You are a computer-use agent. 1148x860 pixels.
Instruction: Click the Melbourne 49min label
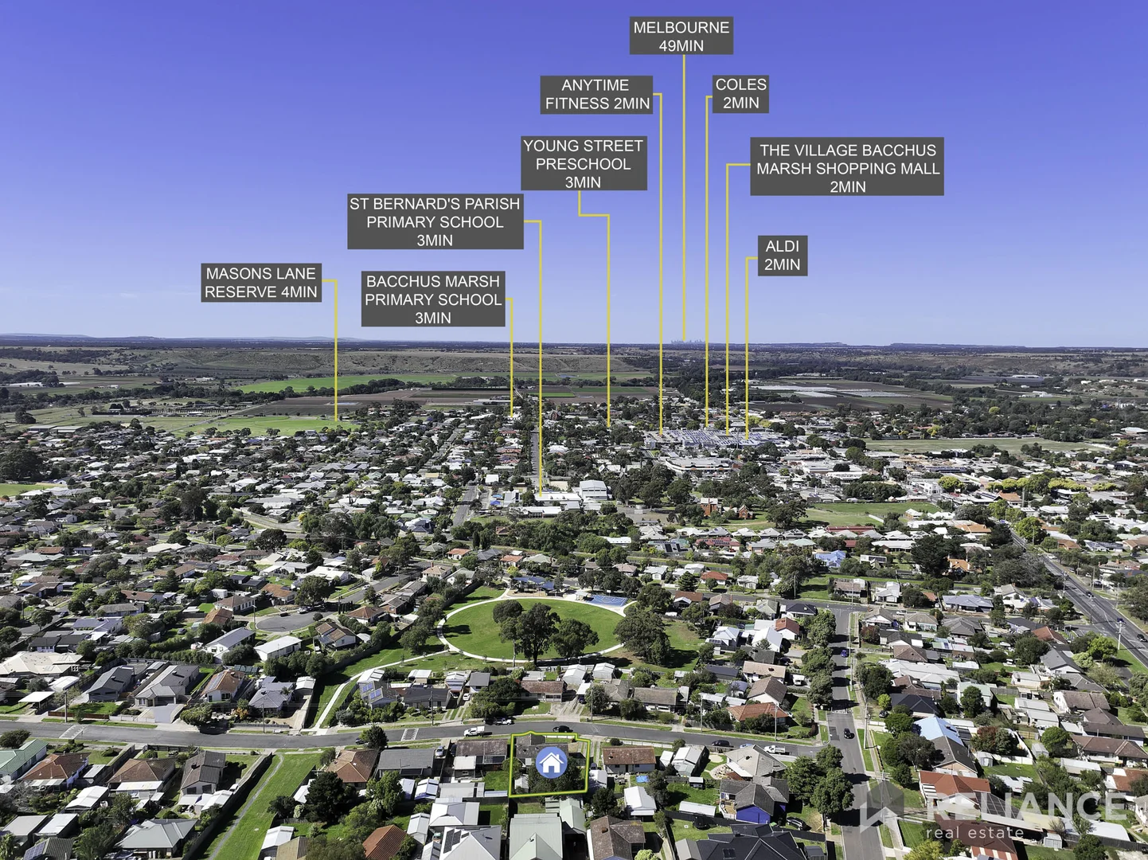[681, 37]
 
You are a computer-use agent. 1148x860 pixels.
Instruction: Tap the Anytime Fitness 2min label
[597, 95]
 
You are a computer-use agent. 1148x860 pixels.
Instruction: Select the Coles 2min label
[740, 94]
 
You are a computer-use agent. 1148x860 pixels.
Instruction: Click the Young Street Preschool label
[583, 164]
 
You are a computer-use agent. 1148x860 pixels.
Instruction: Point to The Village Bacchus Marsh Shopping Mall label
[847, 168]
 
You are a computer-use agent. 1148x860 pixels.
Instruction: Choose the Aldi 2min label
[782, 256]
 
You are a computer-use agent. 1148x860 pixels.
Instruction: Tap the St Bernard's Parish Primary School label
[435, 222]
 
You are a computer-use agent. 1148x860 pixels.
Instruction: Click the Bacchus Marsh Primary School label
[433, 299]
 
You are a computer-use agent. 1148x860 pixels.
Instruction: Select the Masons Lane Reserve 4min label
[261, 283]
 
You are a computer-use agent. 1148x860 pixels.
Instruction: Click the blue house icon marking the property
[550, 763]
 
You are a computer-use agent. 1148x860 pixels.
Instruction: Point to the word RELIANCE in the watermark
[1027, 807]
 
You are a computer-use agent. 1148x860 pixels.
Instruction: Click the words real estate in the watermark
[974, 833]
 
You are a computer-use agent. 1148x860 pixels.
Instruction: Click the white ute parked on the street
[475, 729]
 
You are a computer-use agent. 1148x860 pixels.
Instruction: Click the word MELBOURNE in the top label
[681, 28]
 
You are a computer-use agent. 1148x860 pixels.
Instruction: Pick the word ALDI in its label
[782, 247]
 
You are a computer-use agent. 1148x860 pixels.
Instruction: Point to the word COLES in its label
[740, 84]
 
